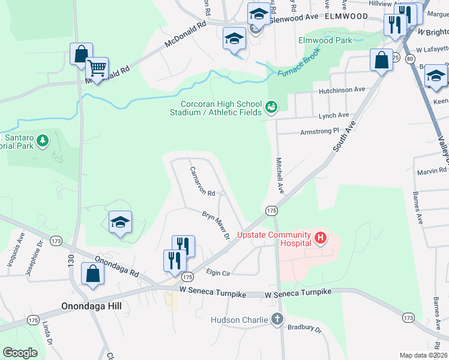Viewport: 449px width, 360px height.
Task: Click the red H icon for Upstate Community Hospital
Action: coord(321,238)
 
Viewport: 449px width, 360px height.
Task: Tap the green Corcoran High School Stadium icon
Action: coord(271,107)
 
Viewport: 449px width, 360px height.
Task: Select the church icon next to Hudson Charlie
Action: coord(277,319)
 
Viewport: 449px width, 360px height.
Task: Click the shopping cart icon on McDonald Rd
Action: coord(96,69)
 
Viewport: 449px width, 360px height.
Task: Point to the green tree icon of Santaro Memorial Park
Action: coord(42,140)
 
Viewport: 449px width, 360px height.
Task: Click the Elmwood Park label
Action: coord(325,41)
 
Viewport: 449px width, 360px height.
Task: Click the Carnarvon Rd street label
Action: coord(202,181)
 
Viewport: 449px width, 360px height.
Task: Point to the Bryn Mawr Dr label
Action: coord(216,225)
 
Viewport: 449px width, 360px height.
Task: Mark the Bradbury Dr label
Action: coord(307,329)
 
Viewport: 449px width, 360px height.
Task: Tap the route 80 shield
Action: coord(410,59)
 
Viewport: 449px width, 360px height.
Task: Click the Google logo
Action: coord(20,353)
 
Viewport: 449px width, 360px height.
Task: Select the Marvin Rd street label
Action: coord(431,172)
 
